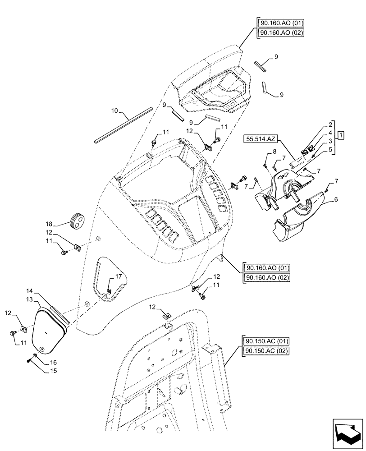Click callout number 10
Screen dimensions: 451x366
click(114, 110)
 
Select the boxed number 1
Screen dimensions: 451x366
click(342, 135)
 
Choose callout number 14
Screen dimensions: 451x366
click(29, 291)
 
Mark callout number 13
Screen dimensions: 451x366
click(29, 300)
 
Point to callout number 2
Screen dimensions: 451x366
click(330, 124)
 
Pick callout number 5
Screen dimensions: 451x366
click(330, 150)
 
